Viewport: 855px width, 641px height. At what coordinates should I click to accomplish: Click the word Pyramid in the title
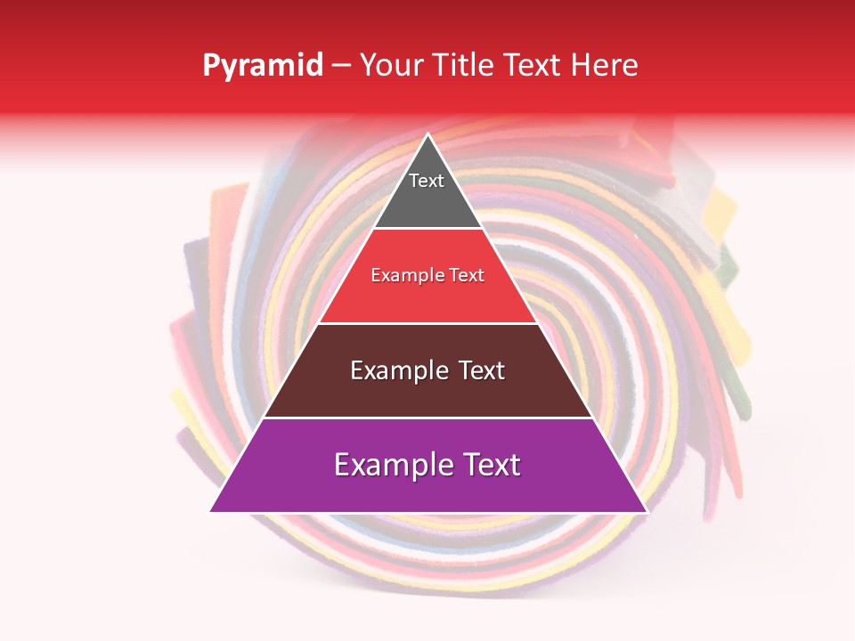pos(262,66)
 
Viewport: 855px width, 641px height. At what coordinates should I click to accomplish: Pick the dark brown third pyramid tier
pos(427,392)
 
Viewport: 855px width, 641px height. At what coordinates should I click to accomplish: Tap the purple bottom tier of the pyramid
pos(427,485)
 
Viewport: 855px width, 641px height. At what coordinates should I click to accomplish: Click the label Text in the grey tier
pos(426,181)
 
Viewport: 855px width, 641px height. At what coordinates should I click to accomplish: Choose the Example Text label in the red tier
pos(427,275)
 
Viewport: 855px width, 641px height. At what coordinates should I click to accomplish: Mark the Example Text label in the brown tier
pos(427,370)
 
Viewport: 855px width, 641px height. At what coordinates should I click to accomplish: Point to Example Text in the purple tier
pos(427,465)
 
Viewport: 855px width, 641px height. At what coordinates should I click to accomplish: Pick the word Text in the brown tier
pos(475,370)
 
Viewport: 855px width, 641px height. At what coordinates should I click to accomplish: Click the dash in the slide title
pos(341,66)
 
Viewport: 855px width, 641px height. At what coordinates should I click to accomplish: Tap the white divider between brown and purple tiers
pos(427,418)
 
